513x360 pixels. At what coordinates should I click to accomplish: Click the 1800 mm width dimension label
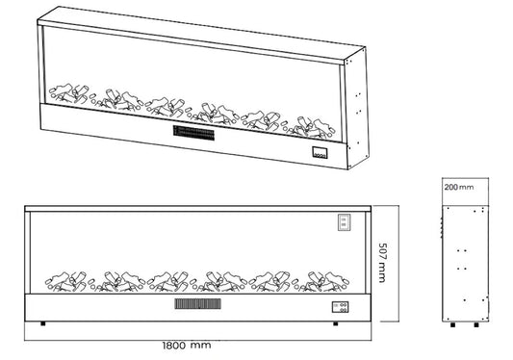pos(187,345)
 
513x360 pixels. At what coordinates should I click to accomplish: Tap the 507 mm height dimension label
pos(382,263)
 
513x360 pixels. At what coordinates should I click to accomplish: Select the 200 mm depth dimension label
pos(459,187)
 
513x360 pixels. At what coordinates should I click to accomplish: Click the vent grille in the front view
pos(197,304)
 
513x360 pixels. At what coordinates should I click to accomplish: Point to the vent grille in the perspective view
pos(193,133)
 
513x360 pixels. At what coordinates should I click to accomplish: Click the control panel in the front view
pos(341,307)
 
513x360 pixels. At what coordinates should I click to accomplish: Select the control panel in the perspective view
pos(320,153)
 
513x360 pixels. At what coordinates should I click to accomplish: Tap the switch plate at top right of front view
pos(344,222)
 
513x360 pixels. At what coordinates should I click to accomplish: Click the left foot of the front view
pos(43,323)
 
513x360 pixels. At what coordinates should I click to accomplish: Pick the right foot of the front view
pos(335,323)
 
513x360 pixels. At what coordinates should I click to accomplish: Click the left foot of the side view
pos(452,324)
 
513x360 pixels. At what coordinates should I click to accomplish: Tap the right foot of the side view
pos(476,324)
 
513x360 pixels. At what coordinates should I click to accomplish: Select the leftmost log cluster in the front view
pos(66,281)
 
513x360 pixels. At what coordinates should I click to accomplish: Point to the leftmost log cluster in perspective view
pos(68,93)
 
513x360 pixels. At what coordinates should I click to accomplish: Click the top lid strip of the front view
pos(197,209)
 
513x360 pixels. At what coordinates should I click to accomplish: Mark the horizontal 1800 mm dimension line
pos(197,341)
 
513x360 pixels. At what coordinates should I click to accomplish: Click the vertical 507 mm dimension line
pos(398,264)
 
